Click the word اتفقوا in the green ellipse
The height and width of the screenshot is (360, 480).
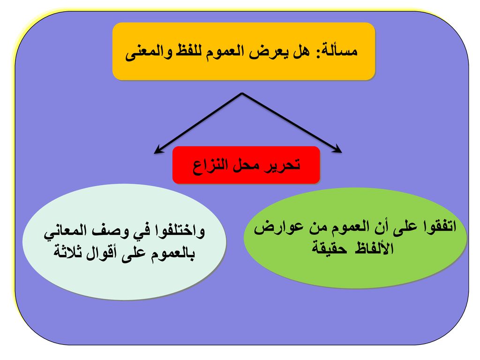(439, 226)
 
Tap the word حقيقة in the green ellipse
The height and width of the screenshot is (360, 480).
(330, 248)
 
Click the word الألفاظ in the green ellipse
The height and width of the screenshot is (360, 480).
(374, 247)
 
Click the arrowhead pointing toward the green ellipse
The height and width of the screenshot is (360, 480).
(338, 150)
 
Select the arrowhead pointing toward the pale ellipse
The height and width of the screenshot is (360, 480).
(157, 150)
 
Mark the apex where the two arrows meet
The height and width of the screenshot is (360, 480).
(242, 93)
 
